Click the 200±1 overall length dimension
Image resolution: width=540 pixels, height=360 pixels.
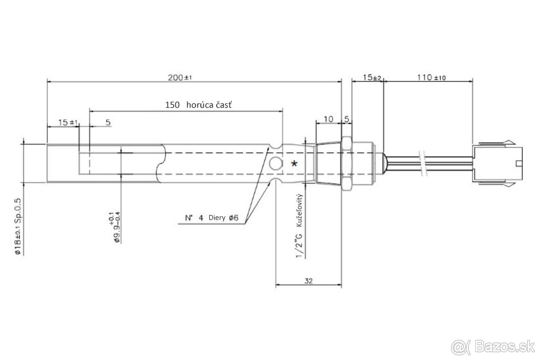coord(180,77)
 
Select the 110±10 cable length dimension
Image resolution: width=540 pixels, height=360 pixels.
coord(431,77)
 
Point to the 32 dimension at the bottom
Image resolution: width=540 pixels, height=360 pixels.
coord(308,281)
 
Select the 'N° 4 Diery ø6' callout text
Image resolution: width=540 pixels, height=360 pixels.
coord(211,218)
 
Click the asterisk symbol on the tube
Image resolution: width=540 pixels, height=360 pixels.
coord(294,164)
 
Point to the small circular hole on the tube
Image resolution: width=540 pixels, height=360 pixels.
coord(274,164)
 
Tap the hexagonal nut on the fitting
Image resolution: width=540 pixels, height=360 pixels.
coord(346,163)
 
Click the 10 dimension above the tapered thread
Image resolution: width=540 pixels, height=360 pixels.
coord(328,119)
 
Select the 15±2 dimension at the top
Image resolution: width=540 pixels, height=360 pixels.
coord(372,77)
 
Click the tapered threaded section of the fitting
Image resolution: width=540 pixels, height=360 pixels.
coord(329,164)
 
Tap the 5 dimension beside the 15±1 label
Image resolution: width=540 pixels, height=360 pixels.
coord(108,122)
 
